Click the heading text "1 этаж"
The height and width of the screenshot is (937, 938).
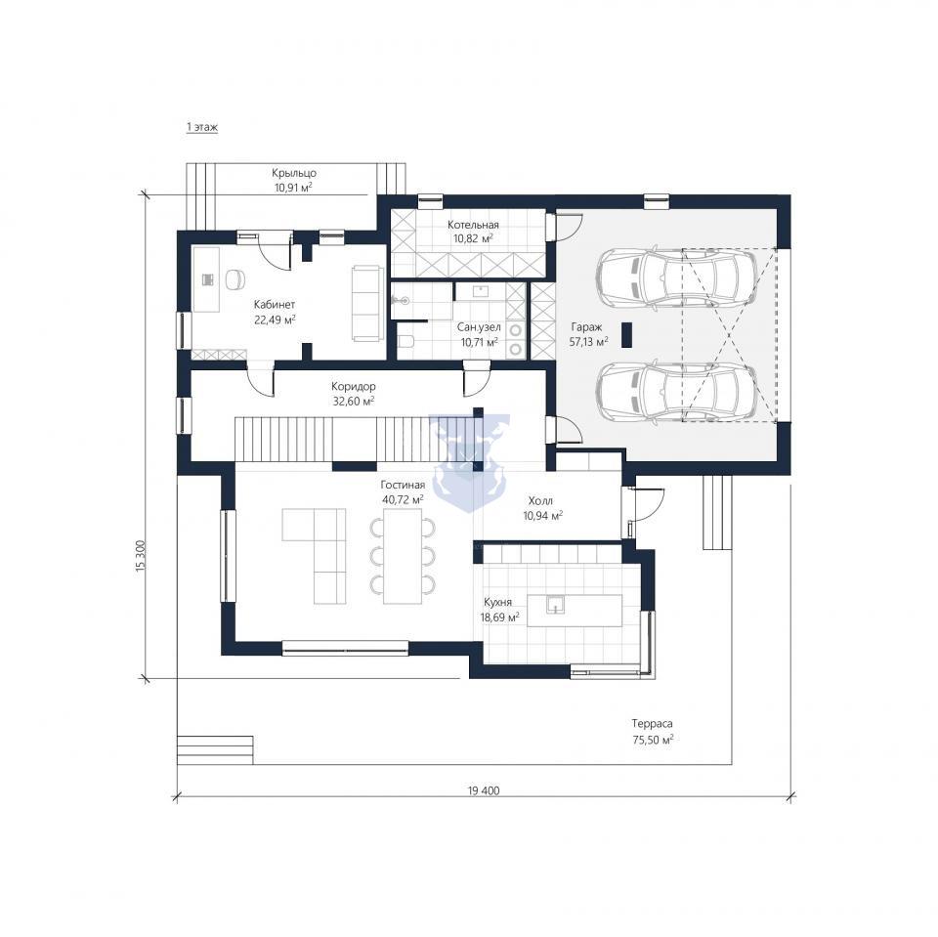tap(202, 127)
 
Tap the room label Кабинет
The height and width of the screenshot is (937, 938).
tap(275, 305)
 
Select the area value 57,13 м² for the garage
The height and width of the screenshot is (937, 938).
tap(589, 340)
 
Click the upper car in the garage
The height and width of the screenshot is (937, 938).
tap(677, 277)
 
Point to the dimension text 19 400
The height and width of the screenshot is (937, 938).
tap(484, 790)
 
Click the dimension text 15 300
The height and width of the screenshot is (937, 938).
tap(141, 558)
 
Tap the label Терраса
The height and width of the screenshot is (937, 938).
tap(653, 723)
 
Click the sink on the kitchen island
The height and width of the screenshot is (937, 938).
tap(556, 605)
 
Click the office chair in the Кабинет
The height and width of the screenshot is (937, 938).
tap(235, 278)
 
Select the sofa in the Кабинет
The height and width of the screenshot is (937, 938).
tap(366, 303)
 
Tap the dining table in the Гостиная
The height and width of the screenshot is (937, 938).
tap(402, 561)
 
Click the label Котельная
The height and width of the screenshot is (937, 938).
tap(473, 225)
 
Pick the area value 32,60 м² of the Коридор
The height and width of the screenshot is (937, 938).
tap(354, 401)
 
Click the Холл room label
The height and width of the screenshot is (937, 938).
tap(540, 501)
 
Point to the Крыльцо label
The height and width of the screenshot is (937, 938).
tap(294, 173)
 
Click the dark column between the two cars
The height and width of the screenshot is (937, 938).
tap(627, 335)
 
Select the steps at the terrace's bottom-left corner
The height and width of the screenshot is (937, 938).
tap(215, 749)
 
